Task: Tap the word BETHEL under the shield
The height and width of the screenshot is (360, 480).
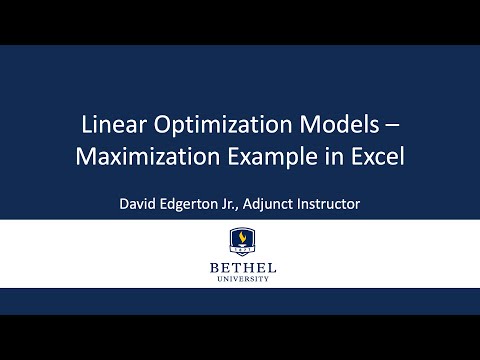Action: click(240, 269)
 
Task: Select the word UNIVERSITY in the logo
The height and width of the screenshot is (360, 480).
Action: click(240, 281)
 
